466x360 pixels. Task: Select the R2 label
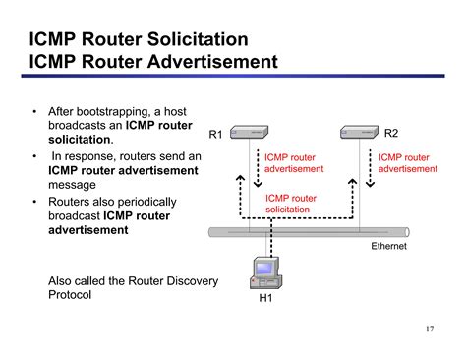tap(391, 133)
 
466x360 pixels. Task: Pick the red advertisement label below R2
tap(407, 162)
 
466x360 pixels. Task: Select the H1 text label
tap(265, 299)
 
